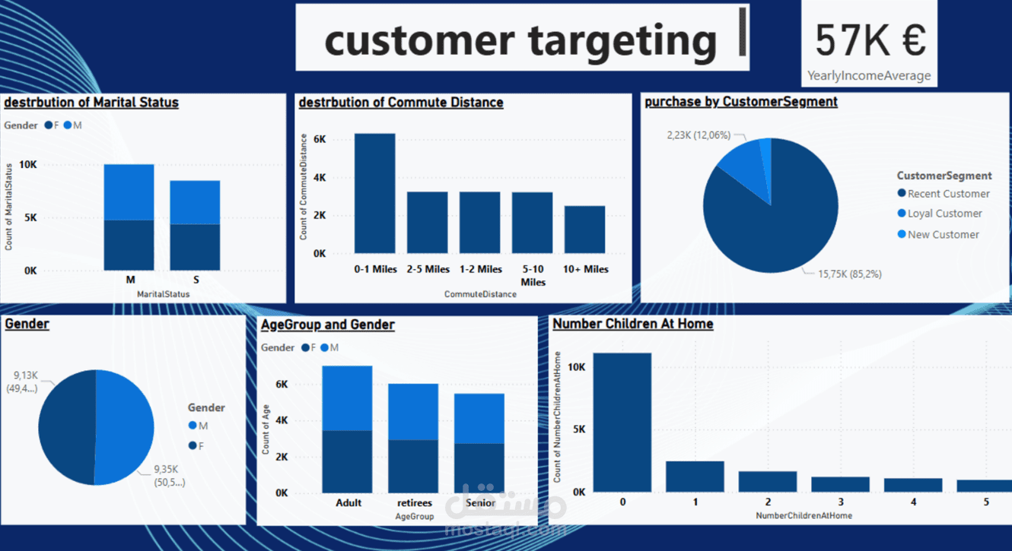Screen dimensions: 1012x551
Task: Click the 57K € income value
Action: point(870,40)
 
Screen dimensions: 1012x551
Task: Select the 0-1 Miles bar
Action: point(374,193)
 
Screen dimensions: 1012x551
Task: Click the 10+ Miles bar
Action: point(584,230)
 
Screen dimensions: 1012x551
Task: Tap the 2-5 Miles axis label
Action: point(428,269)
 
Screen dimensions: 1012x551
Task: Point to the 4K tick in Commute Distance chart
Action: point(320,177)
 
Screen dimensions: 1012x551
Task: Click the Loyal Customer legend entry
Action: point(940,214)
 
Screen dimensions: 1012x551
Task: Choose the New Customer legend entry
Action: point(938,235)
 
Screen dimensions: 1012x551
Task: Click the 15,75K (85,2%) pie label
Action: point(850,274)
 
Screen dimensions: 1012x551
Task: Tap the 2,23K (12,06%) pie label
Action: point(699,135)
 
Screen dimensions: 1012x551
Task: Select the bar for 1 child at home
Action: point(695,477)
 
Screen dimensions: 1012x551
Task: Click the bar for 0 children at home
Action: point(622,423)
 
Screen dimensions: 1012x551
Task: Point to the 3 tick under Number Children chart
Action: point(840,502)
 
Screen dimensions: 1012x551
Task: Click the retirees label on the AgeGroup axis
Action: point(414,502)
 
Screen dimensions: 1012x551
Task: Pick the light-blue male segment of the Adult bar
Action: point(347,398)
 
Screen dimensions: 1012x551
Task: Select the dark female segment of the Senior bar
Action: point(479,468)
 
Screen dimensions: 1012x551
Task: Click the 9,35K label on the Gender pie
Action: point(166,470)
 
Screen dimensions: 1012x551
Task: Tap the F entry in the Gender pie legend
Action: point(196,446)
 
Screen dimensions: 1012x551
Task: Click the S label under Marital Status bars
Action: point(196,280)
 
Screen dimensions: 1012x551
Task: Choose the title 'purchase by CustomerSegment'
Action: point(741,102)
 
